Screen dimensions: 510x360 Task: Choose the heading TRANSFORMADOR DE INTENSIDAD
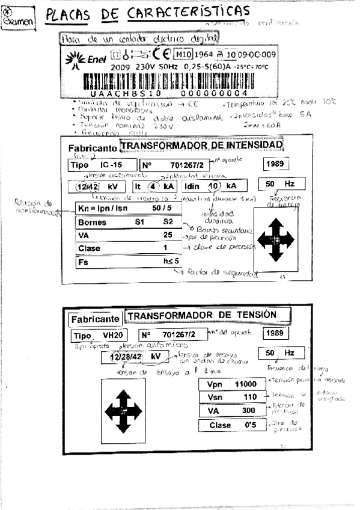(x=201, y=146)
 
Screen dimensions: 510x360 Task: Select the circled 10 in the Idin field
(x=215, y=185)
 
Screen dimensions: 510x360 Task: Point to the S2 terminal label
(x=168, y=221)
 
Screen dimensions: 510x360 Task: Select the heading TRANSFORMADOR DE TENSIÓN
(x=202, y=315)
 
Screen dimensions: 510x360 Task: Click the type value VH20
(x=112, y=335)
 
